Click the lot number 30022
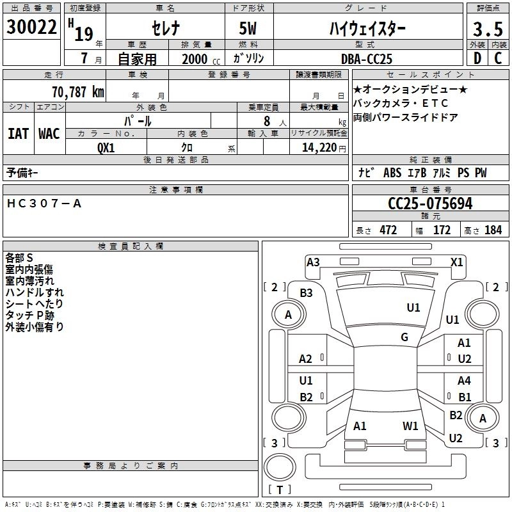point(31,27)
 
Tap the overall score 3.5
point(488,29)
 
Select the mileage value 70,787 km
point(78,92)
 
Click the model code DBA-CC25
point(366,59)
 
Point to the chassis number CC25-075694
point(430,204)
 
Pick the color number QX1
point(106,148)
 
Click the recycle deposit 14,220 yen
point(324,148)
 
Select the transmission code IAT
point(19,134)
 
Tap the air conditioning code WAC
point(49,134)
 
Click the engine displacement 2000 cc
point(201,59)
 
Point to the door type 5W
point(248,28)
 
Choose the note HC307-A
point(44,204)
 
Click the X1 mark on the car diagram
point(456,262)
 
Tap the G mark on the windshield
point(404,337)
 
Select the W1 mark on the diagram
point(410,426)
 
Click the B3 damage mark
point(306,293)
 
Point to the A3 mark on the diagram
point(313,262)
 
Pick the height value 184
point(493,230)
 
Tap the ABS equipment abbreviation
point(392,173)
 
